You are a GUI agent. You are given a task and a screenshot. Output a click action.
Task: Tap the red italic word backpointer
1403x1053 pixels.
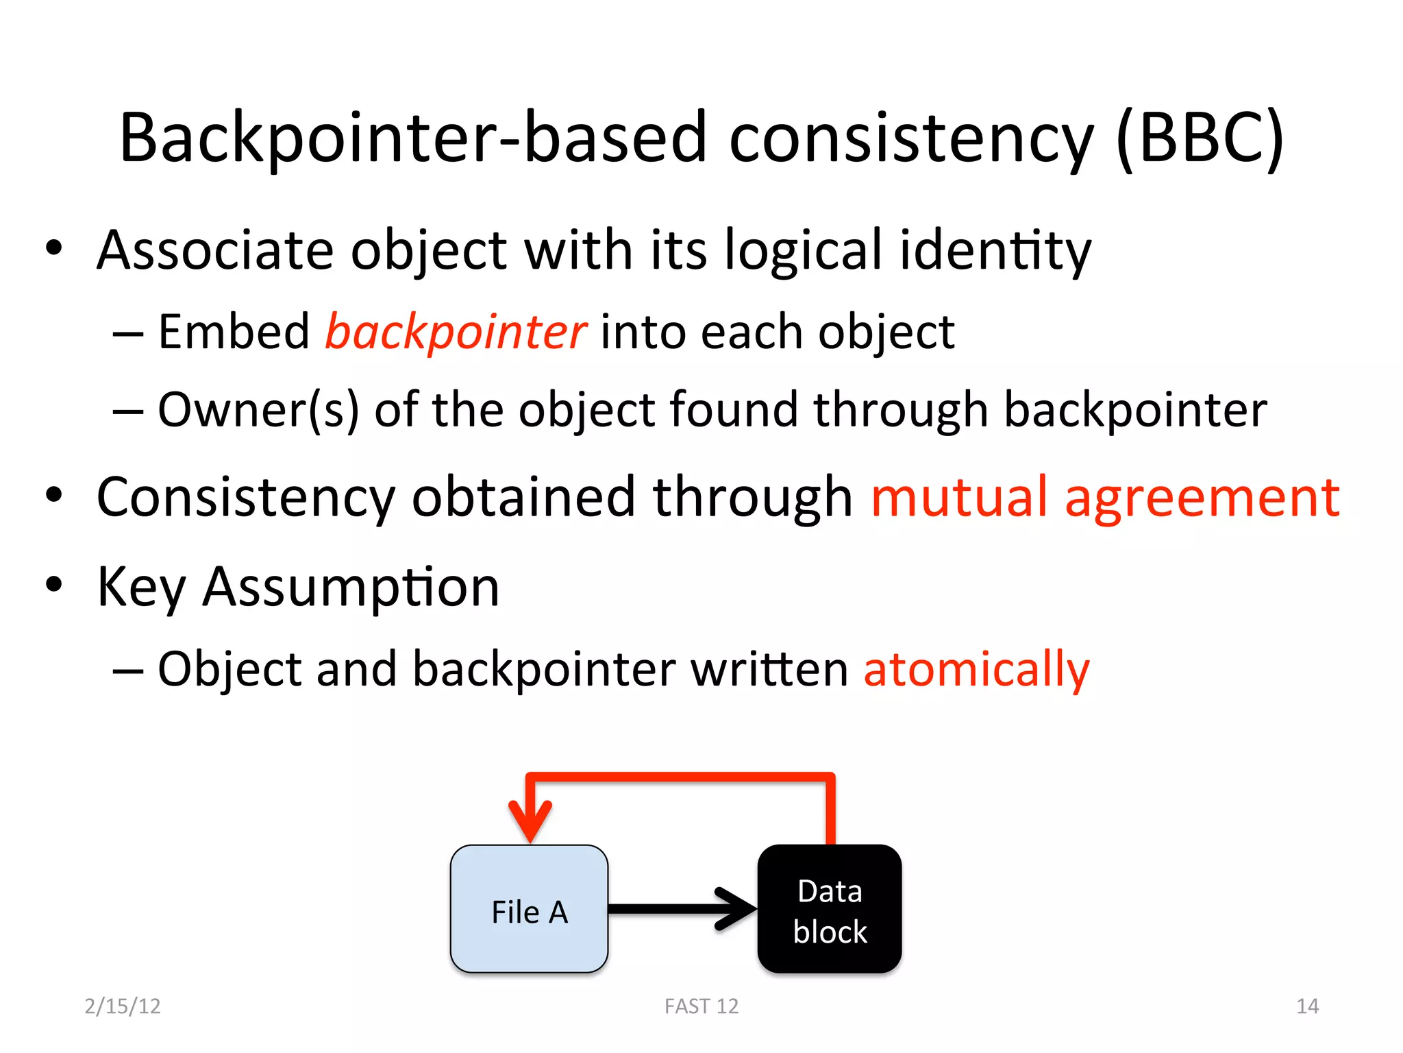point(456,332)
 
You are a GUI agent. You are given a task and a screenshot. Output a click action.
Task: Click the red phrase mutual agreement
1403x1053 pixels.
point(1105,497)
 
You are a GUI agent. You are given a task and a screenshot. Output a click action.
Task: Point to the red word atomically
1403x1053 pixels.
point(976,669)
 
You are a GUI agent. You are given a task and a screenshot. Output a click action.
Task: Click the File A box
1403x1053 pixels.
point(529,909)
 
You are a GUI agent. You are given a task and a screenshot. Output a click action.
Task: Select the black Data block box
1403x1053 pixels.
point(830,909)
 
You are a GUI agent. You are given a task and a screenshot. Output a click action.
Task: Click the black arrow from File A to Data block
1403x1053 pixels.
point(682,909)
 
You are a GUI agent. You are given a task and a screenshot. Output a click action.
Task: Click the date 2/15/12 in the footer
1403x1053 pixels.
point(123,1006)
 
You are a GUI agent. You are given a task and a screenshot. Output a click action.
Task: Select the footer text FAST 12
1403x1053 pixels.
point(701,1006)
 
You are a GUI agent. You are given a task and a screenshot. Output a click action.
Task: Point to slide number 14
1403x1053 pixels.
point(1307,1006)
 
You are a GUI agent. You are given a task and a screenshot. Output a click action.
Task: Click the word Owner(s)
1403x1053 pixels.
point(258,410)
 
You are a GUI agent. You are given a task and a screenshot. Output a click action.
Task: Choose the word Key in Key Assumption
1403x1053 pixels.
point(141,588)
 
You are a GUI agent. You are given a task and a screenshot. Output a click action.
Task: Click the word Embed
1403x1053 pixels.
point(234,332)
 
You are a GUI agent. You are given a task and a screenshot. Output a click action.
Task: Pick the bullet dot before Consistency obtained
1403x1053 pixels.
point(54,496)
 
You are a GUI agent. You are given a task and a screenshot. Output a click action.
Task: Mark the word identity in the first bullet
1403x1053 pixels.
point(995,250)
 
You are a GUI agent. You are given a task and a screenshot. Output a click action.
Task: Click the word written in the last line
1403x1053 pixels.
point(769,669)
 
